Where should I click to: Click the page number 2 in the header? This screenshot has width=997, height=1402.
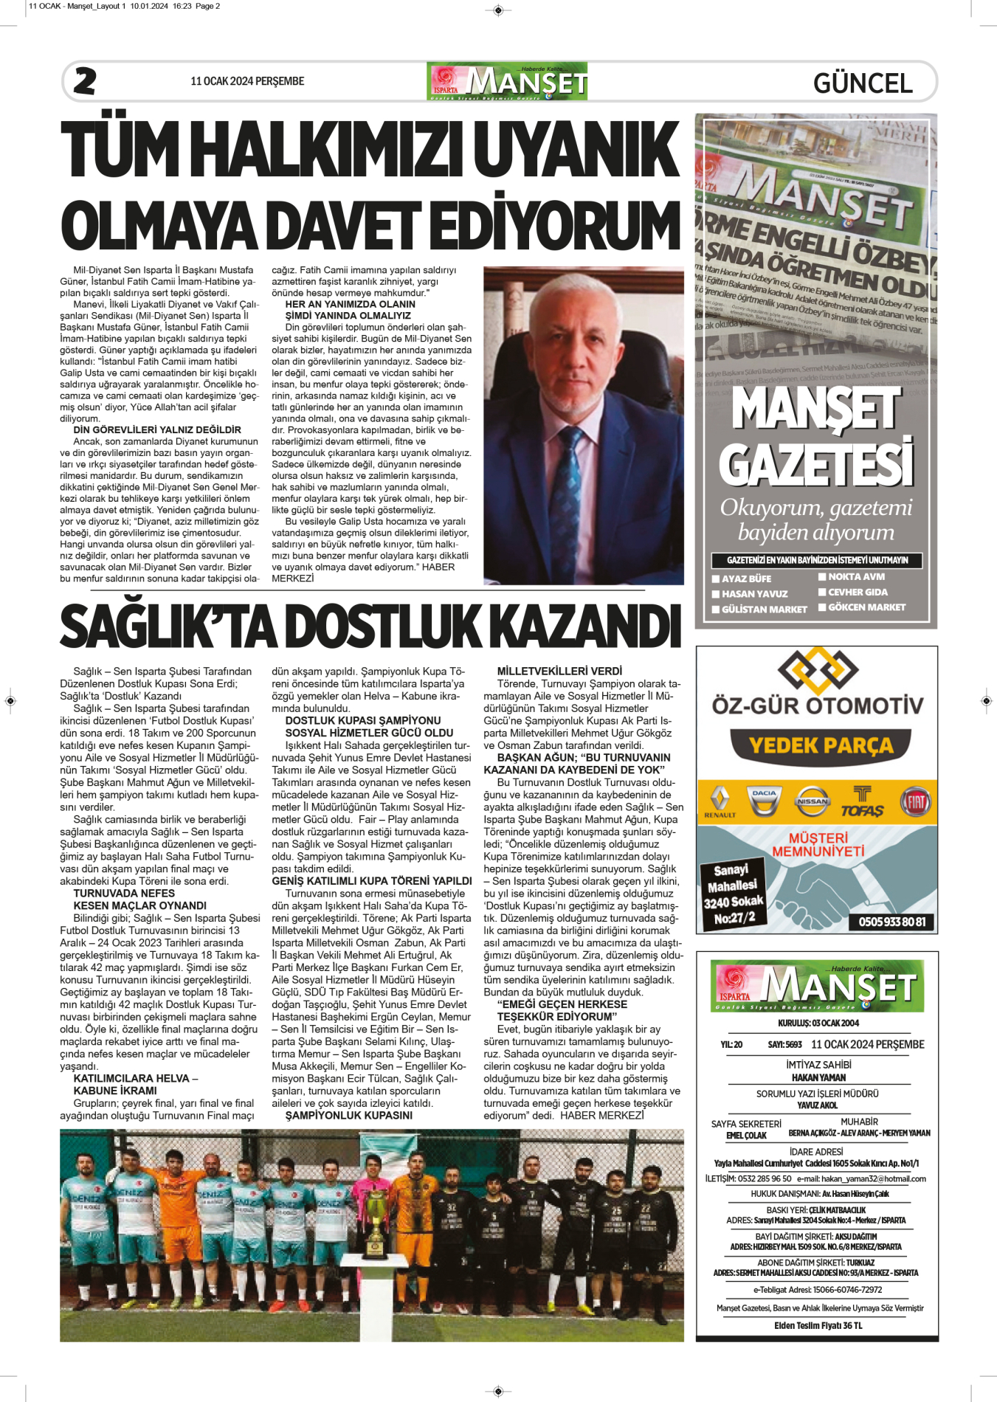pyautogui.click(x=85, y=81)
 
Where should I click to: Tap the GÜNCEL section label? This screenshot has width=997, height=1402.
pyautogui.click(x=863, y=83)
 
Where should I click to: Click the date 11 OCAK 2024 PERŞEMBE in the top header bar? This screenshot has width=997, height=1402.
pyautogui.click(x=247, y=81)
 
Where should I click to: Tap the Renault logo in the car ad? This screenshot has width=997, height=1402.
pyautogui.click(x=720, y=802)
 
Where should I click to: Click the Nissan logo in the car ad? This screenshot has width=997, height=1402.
pyautogui.click(x=812, y=801)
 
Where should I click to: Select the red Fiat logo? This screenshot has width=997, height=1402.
pyautogui.click(x=915, y=801)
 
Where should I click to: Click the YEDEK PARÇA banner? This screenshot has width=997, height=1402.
pyautogui.click(x=821, y=746)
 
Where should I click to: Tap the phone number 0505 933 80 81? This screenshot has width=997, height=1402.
pyautogui.click(x=891, y=922)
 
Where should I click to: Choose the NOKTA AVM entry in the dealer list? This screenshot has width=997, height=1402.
pyautogui.click(x=856, y=577)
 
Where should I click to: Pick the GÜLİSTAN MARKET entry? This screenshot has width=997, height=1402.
pyautogui.click(x=764, y=610)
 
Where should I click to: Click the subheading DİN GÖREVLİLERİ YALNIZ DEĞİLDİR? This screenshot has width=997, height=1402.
pyautogui.click(x=157, y=429)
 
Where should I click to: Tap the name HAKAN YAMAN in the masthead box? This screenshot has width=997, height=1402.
pyautogui.click(x=818, y=1077)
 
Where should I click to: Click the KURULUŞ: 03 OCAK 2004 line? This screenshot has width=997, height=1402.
pyautogui.click(x=818, y=1023)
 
